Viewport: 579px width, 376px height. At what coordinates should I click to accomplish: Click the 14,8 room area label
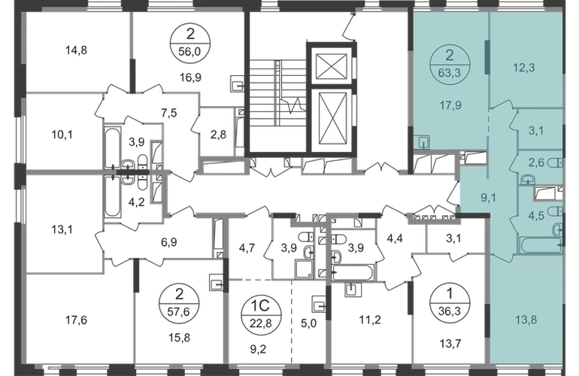(x=77, y=50)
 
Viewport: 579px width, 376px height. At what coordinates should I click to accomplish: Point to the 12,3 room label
(x=524, y=68)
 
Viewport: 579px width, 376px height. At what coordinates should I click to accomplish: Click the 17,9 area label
(x=450, y=105)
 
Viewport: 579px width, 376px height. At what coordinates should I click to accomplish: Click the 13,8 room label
(x=526, y=320)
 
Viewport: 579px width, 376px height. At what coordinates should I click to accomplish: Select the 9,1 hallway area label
(x=488, y=198)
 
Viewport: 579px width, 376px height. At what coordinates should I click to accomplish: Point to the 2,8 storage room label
(x=218, y=135)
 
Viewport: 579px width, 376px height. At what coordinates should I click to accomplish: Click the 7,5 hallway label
(x=168, y=113)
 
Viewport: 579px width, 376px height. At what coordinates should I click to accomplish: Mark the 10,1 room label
(x=62, y=135)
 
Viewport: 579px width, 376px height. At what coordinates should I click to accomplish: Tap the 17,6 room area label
(x=77, y=320)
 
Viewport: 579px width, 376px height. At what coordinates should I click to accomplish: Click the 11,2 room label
(x=370, y=320)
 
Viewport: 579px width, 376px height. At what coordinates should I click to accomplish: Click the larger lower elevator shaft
(x=332, y=117)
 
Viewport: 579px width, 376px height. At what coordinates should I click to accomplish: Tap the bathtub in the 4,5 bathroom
(x=540, y=246)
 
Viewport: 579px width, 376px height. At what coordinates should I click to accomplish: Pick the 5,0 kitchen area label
(x=309, y=323)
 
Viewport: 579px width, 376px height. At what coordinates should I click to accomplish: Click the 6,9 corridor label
(x=168, y=242)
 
